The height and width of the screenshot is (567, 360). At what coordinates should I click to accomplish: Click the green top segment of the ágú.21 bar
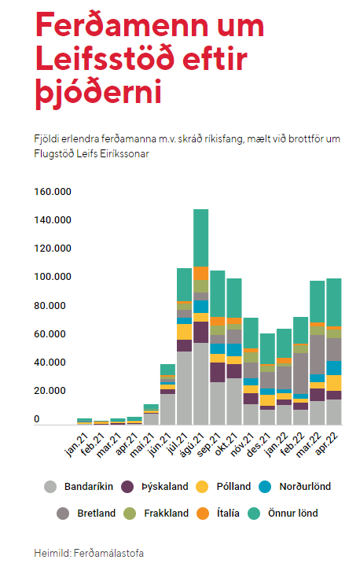click(x=200, y=238)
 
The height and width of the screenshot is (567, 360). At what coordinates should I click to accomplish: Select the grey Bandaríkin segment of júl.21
click(x=184, y=388)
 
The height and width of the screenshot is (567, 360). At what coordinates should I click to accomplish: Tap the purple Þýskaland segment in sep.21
click(x=217, y=373)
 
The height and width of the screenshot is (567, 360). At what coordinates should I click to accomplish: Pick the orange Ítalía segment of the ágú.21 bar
click(x=200, y=273)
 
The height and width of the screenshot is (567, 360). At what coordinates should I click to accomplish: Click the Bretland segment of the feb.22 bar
click(x=300, y=374)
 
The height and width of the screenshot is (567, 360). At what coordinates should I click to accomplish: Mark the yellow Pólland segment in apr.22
click(x=333, y=383)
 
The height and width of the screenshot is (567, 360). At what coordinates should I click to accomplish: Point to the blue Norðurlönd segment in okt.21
click(x=234, y=350)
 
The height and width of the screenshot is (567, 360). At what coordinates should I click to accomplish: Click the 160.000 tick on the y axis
click(x=53, y=192)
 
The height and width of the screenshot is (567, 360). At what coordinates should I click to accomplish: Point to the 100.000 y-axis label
click(x=53, y=277)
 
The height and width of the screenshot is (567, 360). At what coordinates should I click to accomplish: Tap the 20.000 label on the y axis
click(x=50, y=391)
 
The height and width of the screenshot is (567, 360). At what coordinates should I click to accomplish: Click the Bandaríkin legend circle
click(x=50, y=487)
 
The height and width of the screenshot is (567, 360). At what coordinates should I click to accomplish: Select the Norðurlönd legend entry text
click(x=305, y=487)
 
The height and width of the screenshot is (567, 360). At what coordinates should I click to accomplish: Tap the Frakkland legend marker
click(x=130, y=514)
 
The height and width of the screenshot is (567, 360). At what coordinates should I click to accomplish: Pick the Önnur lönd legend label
click(x=292, y=513)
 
